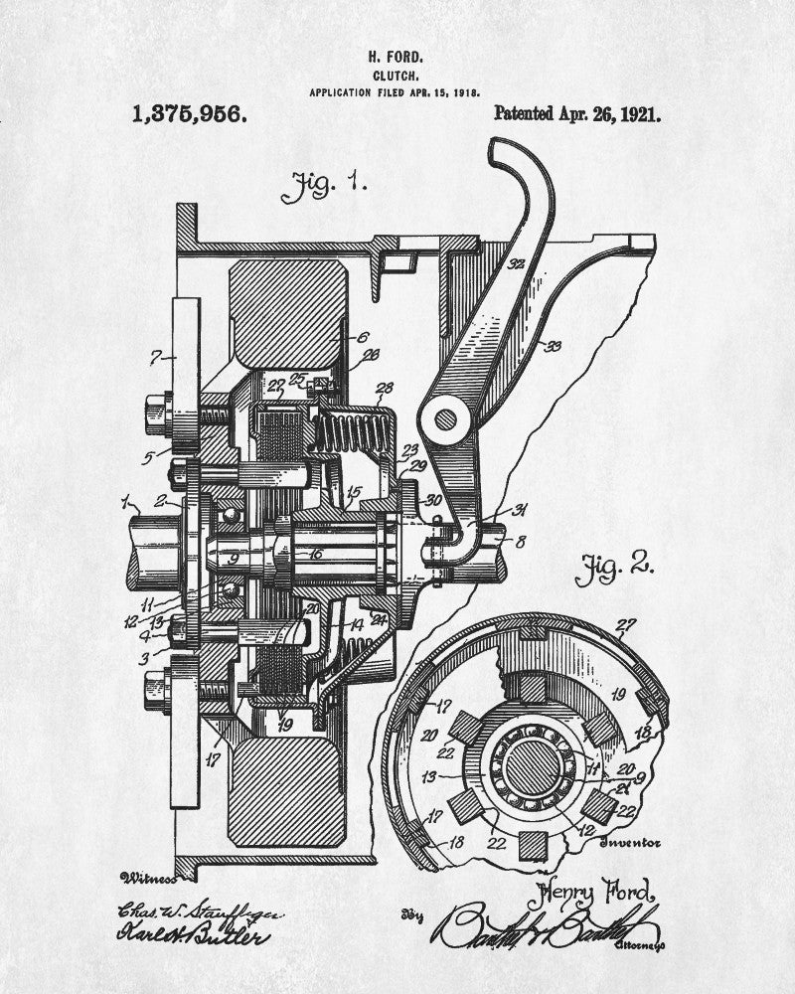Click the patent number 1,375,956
click(188, 113)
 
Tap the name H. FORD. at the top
click(396, 57)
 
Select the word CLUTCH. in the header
click(396, 75)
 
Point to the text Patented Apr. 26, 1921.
click(576, 113)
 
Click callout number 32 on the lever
click(516, 264)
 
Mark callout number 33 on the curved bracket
click(553, 345)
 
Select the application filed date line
click(396, 91)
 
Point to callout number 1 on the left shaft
click(125, 498)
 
